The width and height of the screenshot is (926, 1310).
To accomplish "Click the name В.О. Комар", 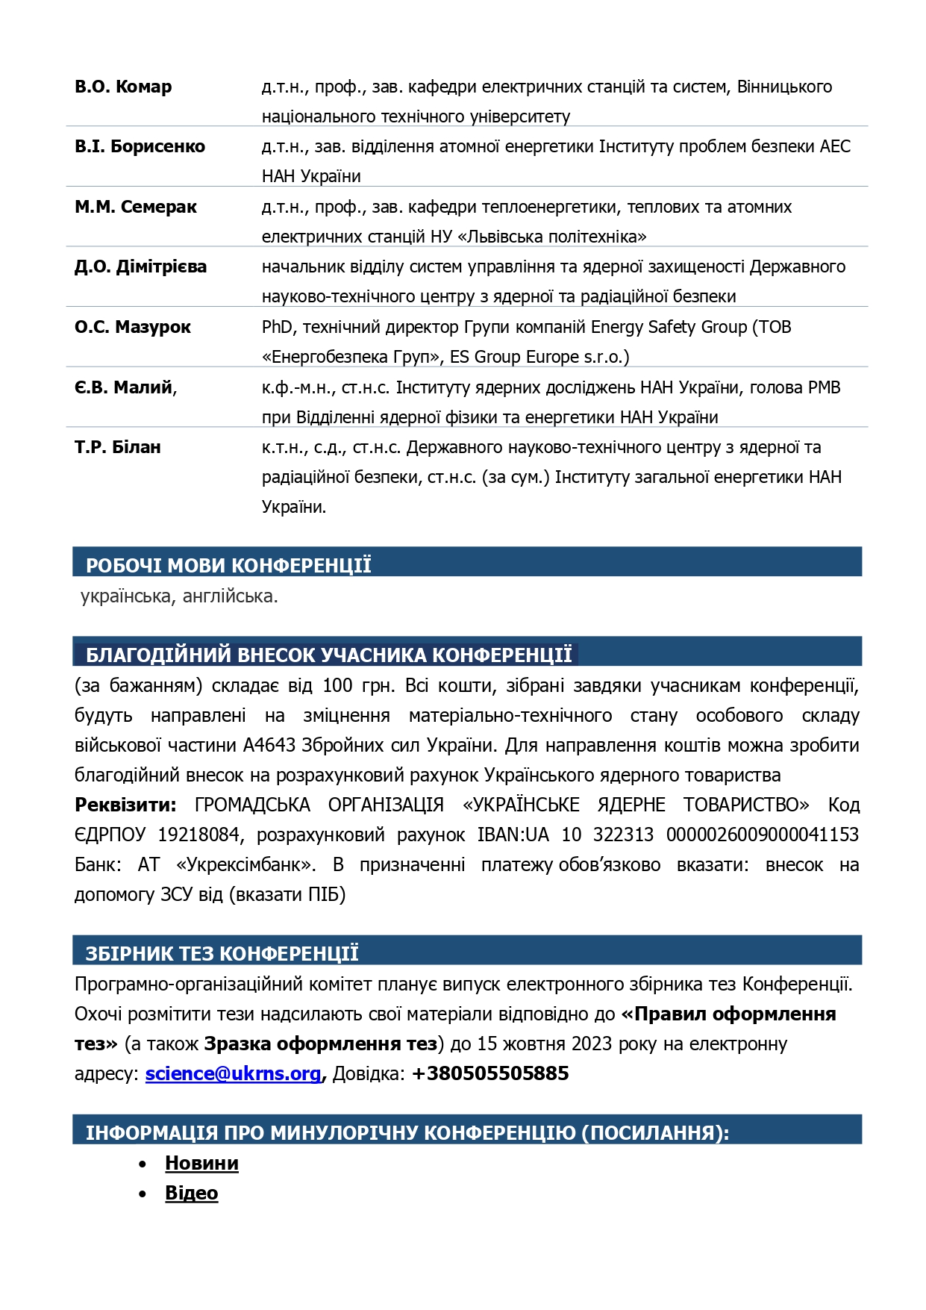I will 123,87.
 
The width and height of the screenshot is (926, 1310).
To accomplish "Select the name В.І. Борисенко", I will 140,146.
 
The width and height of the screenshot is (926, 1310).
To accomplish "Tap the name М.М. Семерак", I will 135,207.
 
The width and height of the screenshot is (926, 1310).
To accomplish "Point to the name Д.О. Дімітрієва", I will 140,266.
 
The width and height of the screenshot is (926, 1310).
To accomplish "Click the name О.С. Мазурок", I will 132,327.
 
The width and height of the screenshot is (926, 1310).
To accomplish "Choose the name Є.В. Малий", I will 124,387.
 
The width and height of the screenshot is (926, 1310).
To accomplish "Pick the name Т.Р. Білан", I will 117,447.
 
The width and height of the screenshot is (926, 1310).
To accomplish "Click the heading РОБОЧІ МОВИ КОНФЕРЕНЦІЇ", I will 228,565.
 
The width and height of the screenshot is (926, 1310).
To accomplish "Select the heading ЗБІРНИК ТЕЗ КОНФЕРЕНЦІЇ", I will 222,953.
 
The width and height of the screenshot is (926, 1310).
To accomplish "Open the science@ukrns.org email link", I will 233,1073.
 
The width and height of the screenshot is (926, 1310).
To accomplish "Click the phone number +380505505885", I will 490,1073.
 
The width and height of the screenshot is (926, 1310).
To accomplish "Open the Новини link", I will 201,1163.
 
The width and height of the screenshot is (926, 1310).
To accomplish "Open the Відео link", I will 191,1193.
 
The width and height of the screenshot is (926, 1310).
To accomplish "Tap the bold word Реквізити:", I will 125,805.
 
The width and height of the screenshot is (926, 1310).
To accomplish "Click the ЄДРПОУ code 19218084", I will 198,835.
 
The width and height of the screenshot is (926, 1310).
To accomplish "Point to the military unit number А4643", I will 269,745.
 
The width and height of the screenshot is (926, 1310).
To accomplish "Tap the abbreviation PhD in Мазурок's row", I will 277,327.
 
